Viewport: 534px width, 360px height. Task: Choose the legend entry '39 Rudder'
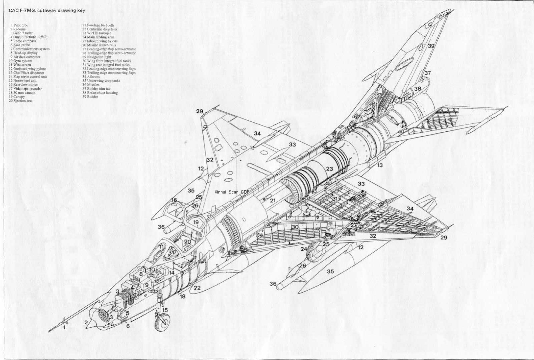pos(90,97)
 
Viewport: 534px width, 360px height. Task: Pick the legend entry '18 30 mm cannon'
pos(23,93)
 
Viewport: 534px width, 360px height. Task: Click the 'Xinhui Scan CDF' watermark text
pos(232,192)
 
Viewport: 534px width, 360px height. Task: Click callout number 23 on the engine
pos(329,169)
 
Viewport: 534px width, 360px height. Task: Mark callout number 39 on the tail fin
pos(431,46)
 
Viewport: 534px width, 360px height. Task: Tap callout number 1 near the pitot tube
pos(65,328)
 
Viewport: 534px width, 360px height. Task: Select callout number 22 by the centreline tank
pos(197,288)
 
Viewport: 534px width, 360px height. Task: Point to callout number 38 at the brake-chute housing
pos(418,89)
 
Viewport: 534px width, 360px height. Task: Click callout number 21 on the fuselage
pos(273,201)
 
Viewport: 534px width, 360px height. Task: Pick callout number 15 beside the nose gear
pos(165,310)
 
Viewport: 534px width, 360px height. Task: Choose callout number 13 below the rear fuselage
pos(380,165)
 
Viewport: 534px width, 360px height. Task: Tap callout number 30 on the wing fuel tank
pos(295,227)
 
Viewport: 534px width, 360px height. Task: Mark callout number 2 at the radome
pos(86,322)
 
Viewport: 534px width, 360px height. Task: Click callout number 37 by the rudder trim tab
pos(428,73)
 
